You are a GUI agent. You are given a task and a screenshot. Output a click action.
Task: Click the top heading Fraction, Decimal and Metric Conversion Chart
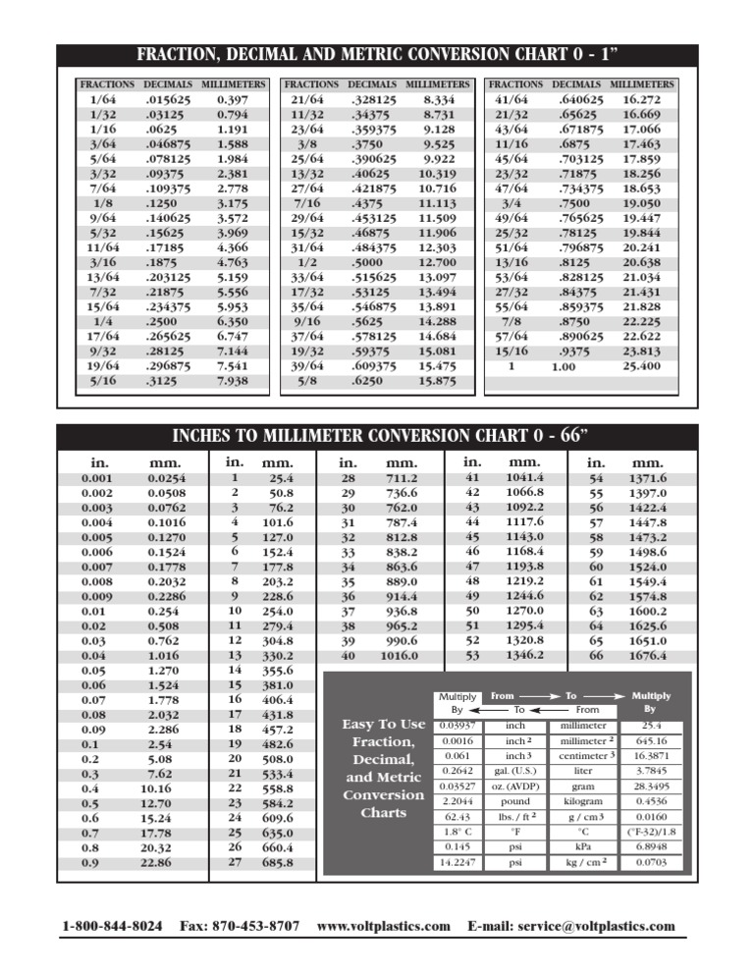377,55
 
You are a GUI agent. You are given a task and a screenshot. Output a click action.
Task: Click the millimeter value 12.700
436,262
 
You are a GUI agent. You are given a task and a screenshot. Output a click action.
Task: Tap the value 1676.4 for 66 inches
646,655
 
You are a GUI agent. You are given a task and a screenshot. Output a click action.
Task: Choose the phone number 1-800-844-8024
112,926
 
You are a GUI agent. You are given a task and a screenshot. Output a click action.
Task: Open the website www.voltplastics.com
384,926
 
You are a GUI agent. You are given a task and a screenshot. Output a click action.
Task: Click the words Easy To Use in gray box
383,724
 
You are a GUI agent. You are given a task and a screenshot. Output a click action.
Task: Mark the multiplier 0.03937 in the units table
457,725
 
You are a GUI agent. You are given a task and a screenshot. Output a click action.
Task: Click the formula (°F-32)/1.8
649,830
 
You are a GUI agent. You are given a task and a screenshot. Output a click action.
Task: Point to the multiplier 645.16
649,740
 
